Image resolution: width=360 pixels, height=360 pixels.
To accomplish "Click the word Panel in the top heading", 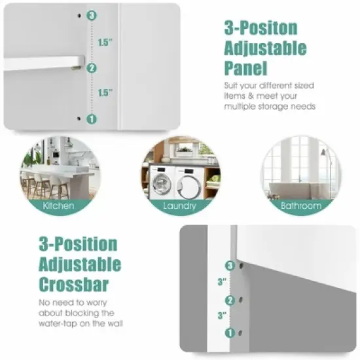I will (x=245, y=69).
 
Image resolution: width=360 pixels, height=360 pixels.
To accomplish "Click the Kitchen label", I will (x=59, y=206).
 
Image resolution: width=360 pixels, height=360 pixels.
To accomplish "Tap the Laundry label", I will (x=180, y=206).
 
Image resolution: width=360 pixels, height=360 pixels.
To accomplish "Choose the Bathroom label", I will (x=301, y=206).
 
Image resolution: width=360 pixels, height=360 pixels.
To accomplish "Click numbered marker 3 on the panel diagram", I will (x=92, y=15).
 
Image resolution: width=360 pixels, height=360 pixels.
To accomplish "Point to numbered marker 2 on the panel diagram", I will (x=92, y=67).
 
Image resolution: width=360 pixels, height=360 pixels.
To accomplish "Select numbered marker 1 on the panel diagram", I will (x=92, y=118).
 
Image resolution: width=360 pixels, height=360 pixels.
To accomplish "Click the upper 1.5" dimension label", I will (x=105, y=42).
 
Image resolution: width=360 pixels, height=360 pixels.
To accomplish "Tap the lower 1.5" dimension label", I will (x=105, y=93).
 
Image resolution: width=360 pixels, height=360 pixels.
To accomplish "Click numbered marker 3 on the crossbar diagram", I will (x=229, y=265).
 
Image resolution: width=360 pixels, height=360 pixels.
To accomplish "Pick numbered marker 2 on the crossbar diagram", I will (x=229, y=300).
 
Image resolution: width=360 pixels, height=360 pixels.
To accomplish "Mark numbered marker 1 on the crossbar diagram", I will (x=229, y=333).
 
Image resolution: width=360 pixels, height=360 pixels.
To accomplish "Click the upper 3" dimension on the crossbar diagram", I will (x=223, y=282).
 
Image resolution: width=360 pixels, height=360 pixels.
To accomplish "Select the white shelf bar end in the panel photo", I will (x=75, y=65).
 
